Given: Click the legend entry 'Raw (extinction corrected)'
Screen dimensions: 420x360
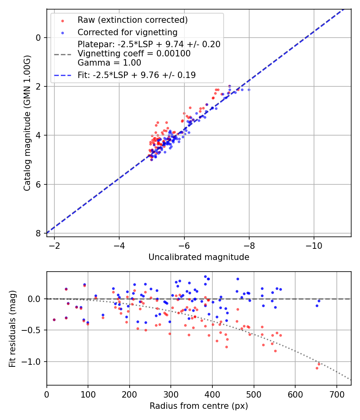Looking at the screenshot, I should [132, 20].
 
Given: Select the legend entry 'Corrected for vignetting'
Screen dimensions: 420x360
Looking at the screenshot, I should [127, 32].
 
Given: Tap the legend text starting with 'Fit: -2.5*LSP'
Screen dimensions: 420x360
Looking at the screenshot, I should [136, 75].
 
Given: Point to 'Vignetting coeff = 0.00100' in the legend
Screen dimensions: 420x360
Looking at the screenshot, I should [134, 54].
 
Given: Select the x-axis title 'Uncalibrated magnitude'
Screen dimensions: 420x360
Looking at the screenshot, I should [199, 257].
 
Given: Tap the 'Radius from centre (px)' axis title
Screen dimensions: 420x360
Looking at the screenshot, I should [199, 406].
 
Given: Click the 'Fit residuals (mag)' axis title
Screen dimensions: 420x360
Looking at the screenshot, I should [12, 328].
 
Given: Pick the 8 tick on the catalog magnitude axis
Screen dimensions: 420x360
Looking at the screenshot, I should [39, 233].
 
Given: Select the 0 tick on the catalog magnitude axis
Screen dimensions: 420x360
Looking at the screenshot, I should [39, 38].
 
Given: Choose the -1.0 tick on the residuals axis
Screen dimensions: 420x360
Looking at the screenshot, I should [33, 362].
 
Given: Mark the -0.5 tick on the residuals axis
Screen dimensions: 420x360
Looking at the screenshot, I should [33, 330].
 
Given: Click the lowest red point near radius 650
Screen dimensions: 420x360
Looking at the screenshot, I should [317, 368].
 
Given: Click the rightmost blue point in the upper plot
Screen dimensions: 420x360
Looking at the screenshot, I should [249, 90].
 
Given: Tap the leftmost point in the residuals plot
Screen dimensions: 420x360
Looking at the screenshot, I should [54, 320].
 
